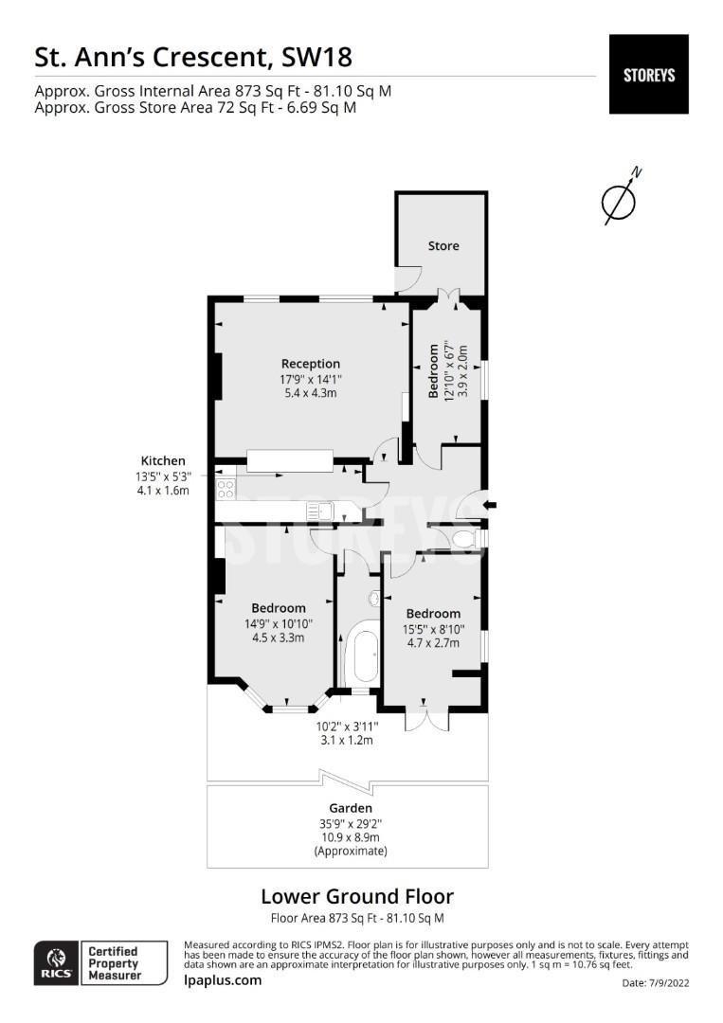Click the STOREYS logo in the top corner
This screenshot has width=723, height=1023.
click(648, 75)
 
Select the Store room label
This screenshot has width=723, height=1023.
click(443, 246)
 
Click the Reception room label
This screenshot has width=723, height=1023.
click(310, 364)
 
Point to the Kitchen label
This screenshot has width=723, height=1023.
click(163, 461)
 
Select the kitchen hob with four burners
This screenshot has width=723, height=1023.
click(226, 489)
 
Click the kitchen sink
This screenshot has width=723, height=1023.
click(319, 511)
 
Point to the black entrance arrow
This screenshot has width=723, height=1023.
click(489, 506)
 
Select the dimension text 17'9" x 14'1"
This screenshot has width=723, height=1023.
click(310, 379)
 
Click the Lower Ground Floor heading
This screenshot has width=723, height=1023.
click(356, 896)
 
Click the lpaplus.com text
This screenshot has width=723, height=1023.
click(222, 980)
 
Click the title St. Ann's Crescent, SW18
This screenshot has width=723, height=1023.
click(193, 58)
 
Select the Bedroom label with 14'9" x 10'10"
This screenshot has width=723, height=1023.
click(278, 608)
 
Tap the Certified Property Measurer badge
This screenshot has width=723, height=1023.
click(113, 963)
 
